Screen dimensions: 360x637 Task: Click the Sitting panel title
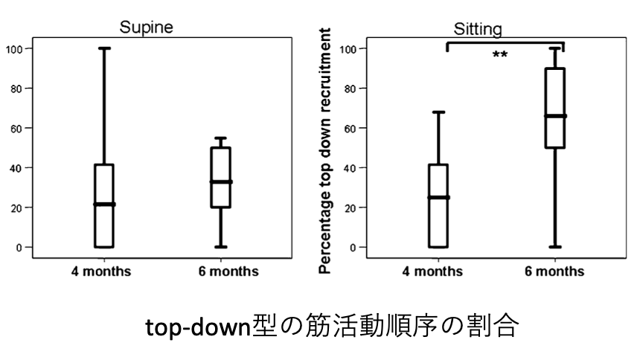pos(478,30)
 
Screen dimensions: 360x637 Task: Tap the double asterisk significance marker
pos(500,55)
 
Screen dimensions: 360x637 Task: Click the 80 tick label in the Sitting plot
pos(348,89)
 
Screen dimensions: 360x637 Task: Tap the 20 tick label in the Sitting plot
pos(348,208)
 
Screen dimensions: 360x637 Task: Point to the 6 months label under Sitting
pos(554,271)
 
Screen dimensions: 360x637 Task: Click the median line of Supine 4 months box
pos(104,204)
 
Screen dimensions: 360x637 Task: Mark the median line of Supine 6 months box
pos(220,181)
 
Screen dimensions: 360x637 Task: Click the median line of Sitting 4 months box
pos(438,197)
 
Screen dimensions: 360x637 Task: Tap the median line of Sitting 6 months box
pos(554,116)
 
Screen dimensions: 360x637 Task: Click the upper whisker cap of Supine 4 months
pos(104,48)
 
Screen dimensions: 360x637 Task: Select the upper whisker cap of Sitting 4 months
pos(438,112)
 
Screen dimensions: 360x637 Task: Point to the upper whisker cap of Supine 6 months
pos(220,138)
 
